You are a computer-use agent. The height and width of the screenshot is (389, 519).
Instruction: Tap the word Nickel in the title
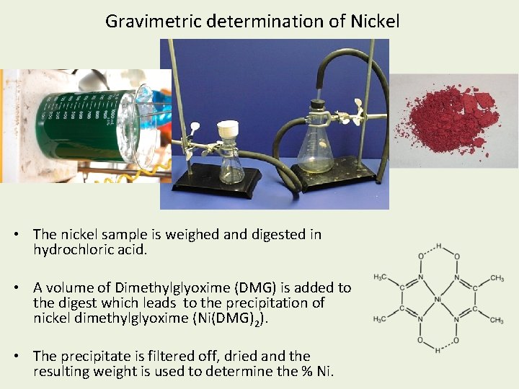374,21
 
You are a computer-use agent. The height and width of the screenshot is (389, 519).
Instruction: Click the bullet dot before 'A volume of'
15,288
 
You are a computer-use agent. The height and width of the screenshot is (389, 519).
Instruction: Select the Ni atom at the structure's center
438,298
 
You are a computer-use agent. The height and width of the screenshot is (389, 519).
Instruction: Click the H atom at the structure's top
438,246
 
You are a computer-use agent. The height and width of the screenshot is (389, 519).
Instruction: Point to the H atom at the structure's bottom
438,351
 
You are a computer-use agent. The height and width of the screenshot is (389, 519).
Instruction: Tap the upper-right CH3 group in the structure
497,278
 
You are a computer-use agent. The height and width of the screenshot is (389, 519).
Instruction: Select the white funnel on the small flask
229,129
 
